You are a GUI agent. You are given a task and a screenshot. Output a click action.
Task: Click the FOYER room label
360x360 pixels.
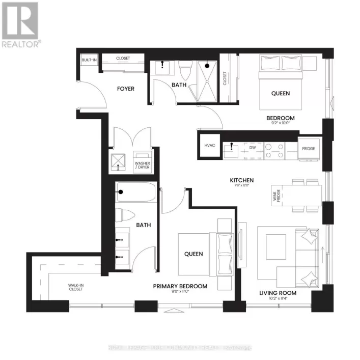(126, 89)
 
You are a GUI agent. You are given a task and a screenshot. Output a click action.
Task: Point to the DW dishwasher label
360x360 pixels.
(252, 147)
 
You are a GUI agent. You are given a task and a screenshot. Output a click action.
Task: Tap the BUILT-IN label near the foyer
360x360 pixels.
(89, 60)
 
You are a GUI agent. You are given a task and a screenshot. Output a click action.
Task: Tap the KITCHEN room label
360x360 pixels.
(242, 180)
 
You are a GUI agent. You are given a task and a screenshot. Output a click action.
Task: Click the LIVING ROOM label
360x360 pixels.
(278, 293)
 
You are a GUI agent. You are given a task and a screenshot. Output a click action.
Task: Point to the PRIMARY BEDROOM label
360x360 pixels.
(180, 286)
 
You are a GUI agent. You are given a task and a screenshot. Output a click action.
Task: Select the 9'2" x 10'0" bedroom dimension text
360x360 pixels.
(281, 123)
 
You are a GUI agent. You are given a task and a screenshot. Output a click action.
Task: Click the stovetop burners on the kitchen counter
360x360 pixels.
(274, 148)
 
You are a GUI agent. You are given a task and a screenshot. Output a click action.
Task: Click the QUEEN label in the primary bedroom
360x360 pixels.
(193, 254)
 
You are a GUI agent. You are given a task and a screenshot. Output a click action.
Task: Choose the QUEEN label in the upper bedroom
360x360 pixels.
(280, 93)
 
